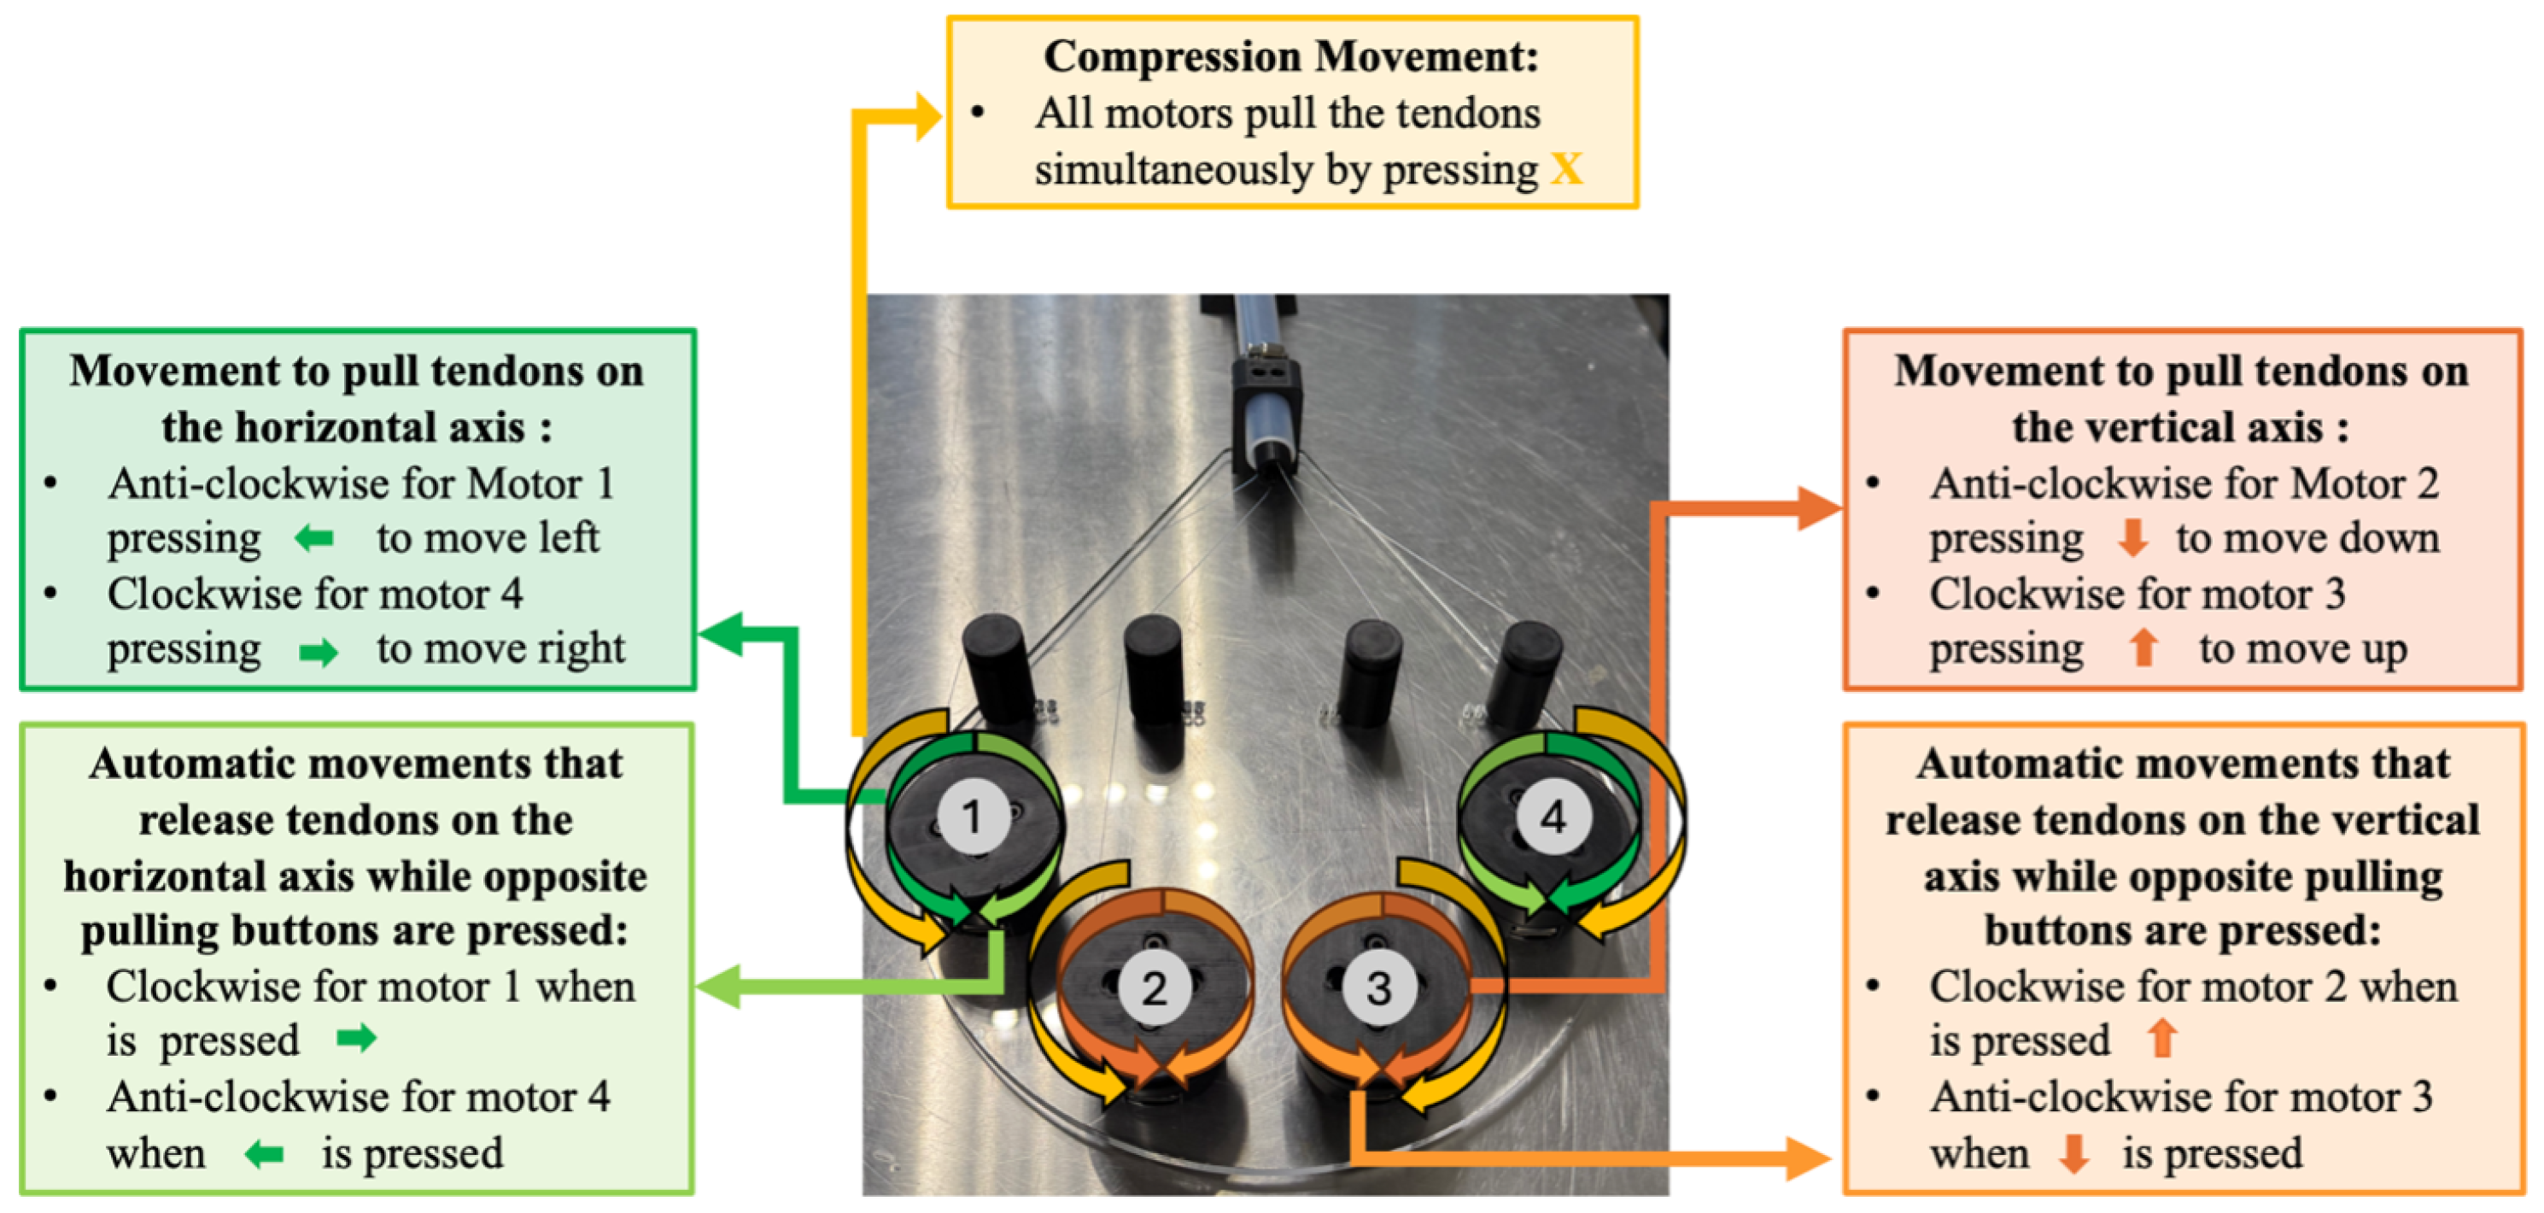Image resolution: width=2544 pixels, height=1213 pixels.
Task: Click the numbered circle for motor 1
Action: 973,817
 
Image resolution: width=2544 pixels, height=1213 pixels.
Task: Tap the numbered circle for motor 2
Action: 1154,987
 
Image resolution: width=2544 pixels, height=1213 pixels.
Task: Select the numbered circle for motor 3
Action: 1378,987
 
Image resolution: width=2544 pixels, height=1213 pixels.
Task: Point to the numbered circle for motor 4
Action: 1553,817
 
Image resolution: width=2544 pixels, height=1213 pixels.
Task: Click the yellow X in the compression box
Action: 1566,170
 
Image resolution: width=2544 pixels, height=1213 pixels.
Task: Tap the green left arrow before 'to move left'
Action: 314,538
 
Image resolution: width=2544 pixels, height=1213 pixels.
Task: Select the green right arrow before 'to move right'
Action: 318,652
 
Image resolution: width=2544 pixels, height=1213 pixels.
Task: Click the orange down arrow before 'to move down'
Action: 2133,538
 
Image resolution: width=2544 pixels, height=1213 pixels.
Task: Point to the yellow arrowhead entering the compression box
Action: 927,116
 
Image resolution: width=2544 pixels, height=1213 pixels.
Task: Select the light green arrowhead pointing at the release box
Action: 719,986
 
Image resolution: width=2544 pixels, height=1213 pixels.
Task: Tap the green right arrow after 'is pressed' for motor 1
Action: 355,1038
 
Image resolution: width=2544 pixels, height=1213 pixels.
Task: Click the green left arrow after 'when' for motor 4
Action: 264,1154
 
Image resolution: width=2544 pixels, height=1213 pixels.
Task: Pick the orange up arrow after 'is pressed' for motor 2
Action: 2161,1038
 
